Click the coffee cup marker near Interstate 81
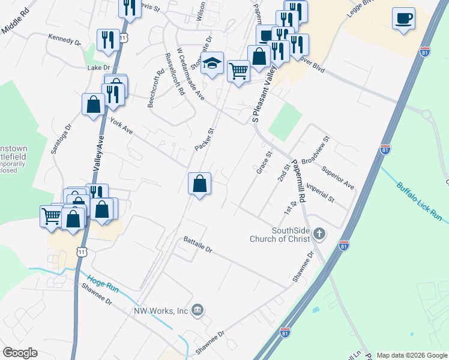[404, 19]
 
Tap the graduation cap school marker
[212, 65]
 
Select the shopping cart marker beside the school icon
[238, 72]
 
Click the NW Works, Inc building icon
[199, 310]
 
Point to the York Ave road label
[121, 125]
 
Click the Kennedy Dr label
[64, 40]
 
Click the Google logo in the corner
[20, 353]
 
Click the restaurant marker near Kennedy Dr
[108, 40]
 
